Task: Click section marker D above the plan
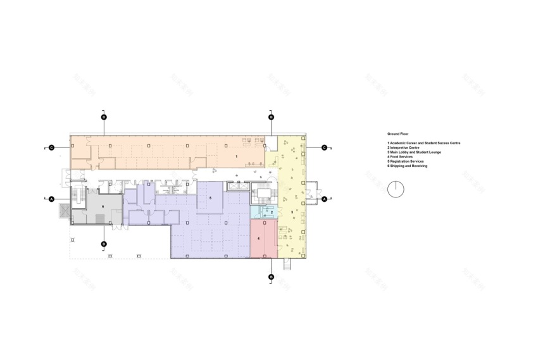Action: pos(104,117)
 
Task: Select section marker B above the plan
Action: pos(271,117)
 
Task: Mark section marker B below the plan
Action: pos(271,276)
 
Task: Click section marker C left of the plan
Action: pos(51,147)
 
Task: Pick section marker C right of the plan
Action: pos(324,147)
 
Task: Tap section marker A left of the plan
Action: pos(51,199)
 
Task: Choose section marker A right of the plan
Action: pos(324,199)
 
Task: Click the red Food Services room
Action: pos(262,239)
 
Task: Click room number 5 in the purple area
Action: pos(210,198)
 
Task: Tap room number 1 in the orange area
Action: pos(236,155)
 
